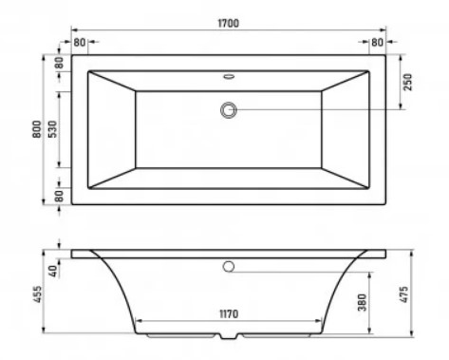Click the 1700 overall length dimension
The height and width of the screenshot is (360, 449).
(229, 24)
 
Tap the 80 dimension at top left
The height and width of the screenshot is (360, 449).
(80, 42)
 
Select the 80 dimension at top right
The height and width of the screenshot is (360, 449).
(377, 42)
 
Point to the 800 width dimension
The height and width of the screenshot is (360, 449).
(37, 129)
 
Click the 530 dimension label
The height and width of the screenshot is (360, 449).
(53, 129)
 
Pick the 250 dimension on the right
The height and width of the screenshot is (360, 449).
(408, 83)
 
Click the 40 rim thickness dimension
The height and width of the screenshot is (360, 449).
(53, 272)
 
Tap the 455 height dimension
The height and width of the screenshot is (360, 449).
(37, 294)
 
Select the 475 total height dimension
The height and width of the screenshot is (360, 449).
(404, 294)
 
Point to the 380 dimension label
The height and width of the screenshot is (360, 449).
(363, 303)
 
